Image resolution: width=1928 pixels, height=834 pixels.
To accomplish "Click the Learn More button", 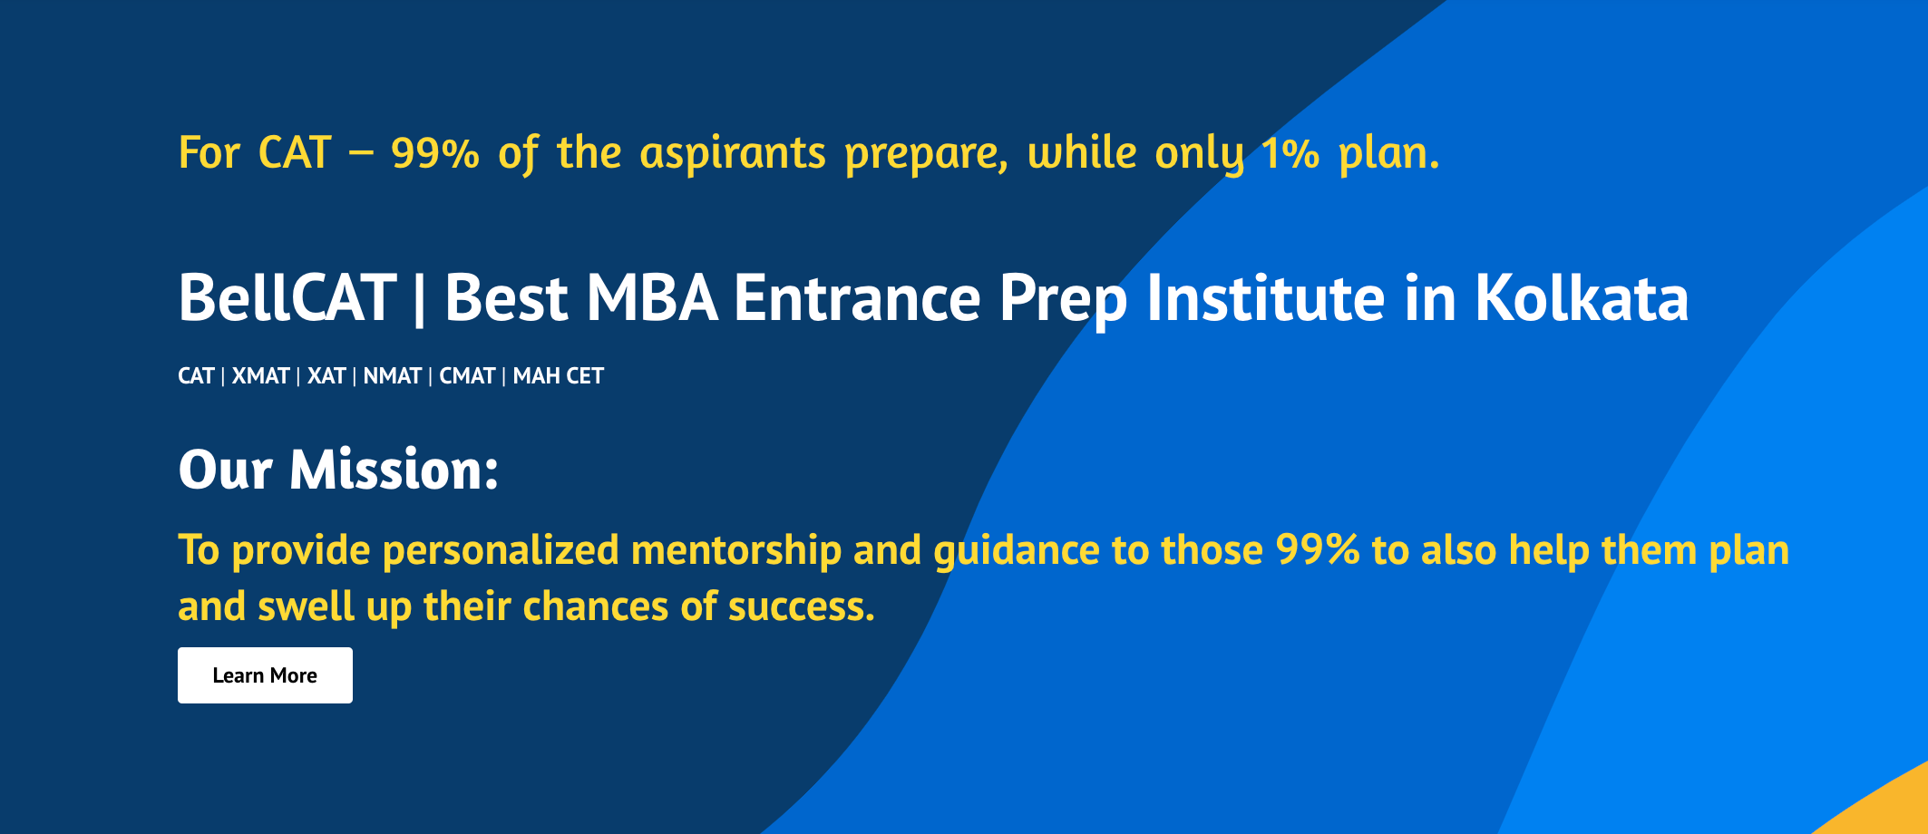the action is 265,675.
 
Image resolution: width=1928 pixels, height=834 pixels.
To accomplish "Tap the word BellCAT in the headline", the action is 287,298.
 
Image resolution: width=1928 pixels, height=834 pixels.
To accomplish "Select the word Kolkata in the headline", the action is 1582,298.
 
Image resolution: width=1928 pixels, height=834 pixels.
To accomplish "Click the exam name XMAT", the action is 260,375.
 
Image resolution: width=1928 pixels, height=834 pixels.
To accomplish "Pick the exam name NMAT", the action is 393,375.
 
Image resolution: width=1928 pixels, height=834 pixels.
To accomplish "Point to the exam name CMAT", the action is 467,375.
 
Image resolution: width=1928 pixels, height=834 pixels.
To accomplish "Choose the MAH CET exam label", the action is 559,375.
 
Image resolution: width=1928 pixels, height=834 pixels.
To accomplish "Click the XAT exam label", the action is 326,375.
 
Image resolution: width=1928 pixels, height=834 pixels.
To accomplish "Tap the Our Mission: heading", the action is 338,470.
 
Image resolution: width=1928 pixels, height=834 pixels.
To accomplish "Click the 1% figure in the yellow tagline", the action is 1290,153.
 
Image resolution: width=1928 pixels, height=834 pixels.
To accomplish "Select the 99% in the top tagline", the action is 435,153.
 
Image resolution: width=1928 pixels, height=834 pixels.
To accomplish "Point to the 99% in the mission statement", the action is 1318,550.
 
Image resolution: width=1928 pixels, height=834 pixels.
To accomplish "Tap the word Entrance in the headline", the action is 857,298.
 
